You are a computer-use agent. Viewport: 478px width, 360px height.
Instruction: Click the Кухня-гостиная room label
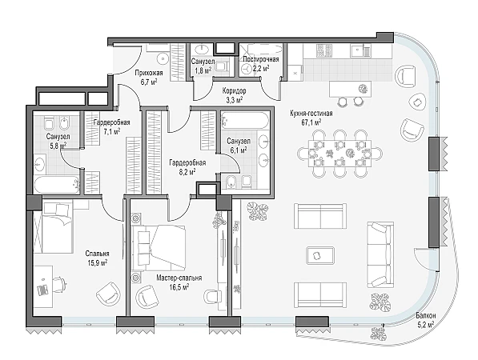coord(311,114)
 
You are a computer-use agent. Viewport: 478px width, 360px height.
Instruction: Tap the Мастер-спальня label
coord(179,278)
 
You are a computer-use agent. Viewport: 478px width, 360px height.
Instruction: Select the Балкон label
coord(426,316)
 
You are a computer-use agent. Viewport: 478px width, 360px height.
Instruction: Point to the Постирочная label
coord(261,59)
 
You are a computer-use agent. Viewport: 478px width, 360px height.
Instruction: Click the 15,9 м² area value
coord(97,263)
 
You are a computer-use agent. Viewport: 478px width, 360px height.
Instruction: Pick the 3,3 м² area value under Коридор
coord(234,99)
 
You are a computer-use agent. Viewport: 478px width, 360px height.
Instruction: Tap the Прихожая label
coord(149,73)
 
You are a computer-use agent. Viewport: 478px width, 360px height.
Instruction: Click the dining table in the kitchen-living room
coord(339,154)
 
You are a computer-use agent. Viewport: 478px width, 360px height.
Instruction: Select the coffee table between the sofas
coord(320,256)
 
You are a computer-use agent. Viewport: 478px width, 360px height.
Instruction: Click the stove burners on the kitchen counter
coord(323,50)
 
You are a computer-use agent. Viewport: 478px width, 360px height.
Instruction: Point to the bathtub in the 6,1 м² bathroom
coord(245,119)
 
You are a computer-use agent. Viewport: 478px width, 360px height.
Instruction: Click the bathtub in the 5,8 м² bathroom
coord(56,185)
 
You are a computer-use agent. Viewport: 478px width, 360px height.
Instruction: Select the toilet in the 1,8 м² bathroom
coord(223,66)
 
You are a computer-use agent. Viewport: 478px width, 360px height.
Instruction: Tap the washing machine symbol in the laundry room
coord(247,70)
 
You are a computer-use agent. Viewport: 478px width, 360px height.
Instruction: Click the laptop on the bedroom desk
coord(42,290)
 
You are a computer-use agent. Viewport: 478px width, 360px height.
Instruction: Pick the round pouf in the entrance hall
coord(163,58)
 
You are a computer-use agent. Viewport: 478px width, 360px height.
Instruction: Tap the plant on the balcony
coord(377,334)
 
